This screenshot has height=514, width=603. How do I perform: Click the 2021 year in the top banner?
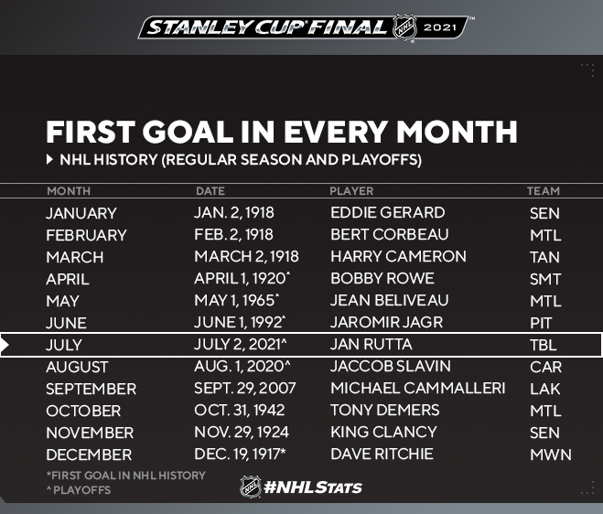point(439,27)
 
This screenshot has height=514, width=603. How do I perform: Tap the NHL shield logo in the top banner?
point(404,27)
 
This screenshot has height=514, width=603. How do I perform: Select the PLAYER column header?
point(351,191)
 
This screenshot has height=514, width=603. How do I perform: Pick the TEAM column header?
point(544,191)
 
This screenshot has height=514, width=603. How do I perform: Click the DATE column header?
point(210,191)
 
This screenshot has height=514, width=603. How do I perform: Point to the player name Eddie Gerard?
point(388,212)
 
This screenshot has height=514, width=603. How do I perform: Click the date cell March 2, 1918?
point(246,256)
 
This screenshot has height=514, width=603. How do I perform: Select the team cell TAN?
point(544,257)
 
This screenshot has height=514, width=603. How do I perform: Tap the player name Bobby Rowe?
point(382,278)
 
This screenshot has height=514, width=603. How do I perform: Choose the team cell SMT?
point(545,279)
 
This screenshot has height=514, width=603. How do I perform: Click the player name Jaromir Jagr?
point(386,322)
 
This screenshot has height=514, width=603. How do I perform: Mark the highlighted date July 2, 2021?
point(241,344)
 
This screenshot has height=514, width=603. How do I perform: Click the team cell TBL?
point(543,345)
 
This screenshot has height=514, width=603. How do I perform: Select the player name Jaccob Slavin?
point(391,366)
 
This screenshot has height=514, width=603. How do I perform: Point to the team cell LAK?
point(545,389)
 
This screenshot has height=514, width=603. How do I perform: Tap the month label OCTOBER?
point(83,411)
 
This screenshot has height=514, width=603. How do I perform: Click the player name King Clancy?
point(383,432)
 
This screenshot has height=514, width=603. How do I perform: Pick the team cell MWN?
point(551,455)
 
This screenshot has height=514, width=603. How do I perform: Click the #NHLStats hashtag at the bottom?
point(313,487)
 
